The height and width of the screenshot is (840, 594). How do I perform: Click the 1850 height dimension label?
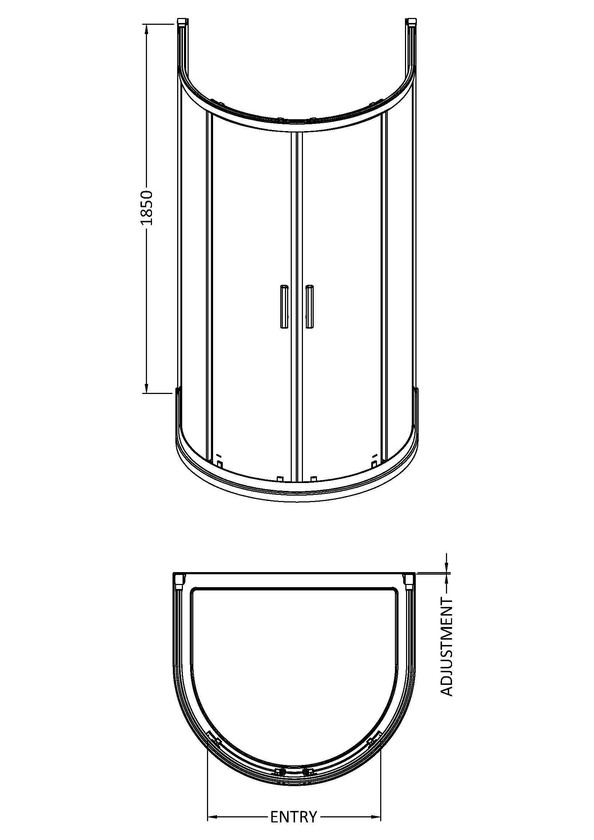[146, 208]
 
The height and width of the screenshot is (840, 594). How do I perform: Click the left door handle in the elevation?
[284, 306]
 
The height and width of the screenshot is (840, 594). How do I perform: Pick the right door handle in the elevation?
[309, 306]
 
